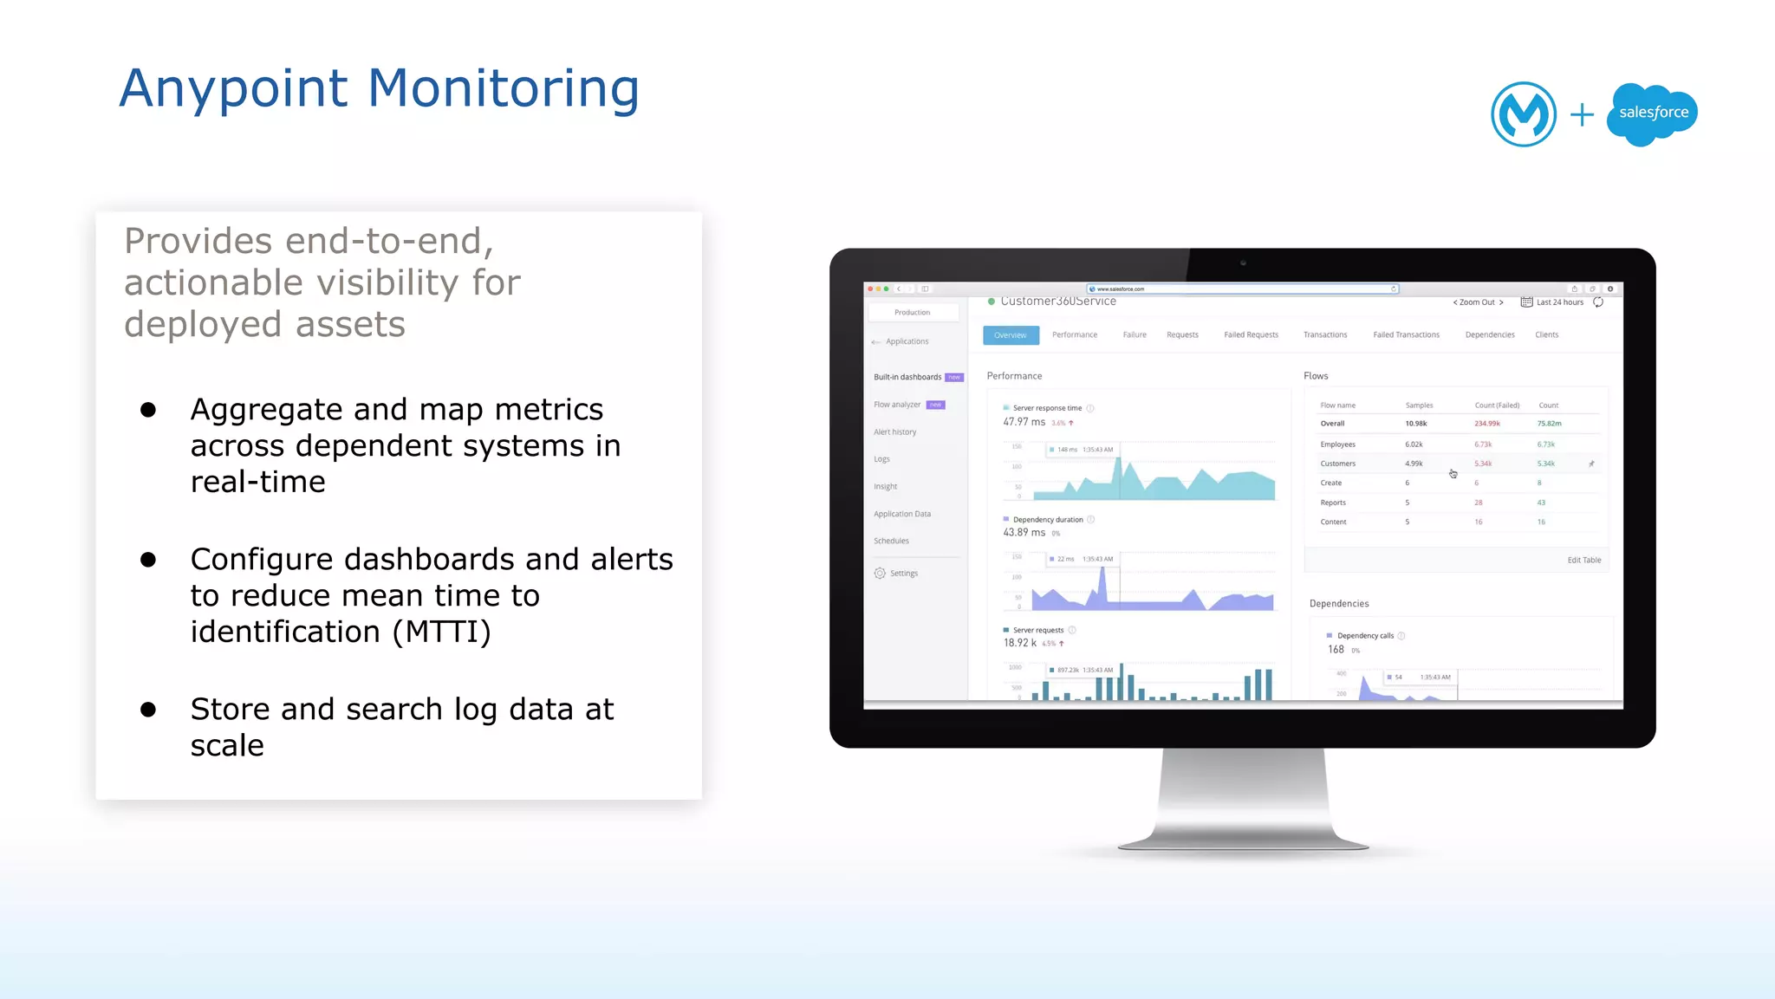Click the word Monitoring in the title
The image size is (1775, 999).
pos(504,88)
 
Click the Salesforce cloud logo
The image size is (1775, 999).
pos(1652,114)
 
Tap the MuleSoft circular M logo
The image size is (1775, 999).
pos(1523,114)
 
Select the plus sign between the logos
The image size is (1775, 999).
pos(1582,114)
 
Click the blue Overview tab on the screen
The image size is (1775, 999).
pos(1011,335)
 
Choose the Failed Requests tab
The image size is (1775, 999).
pos(1251,335)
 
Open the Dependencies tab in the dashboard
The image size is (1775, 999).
pos(1490,335)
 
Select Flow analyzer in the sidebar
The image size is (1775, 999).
pos(897,405)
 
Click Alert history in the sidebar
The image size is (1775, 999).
pos(894,432)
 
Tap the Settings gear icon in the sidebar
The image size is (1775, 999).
pos(880,574)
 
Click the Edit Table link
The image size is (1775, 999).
pos(1583,561)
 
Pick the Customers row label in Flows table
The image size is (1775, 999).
pos(1337,464)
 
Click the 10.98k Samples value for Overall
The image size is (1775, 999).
pos(1415,424)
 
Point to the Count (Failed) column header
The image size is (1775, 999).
pos(1497,405)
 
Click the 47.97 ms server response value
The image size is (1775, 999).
pos(1024,422)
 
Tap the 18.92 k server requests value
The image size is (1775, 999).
pos(1019,643)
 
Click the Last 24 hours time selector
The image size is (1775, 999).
pos(1559,302)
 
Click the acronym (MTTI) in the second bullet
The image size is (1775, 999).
pos(442,632)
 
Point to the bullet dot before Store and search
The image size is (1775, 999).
pos(148,710)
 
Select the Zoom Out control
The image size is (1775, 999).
pos(1477,302)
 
